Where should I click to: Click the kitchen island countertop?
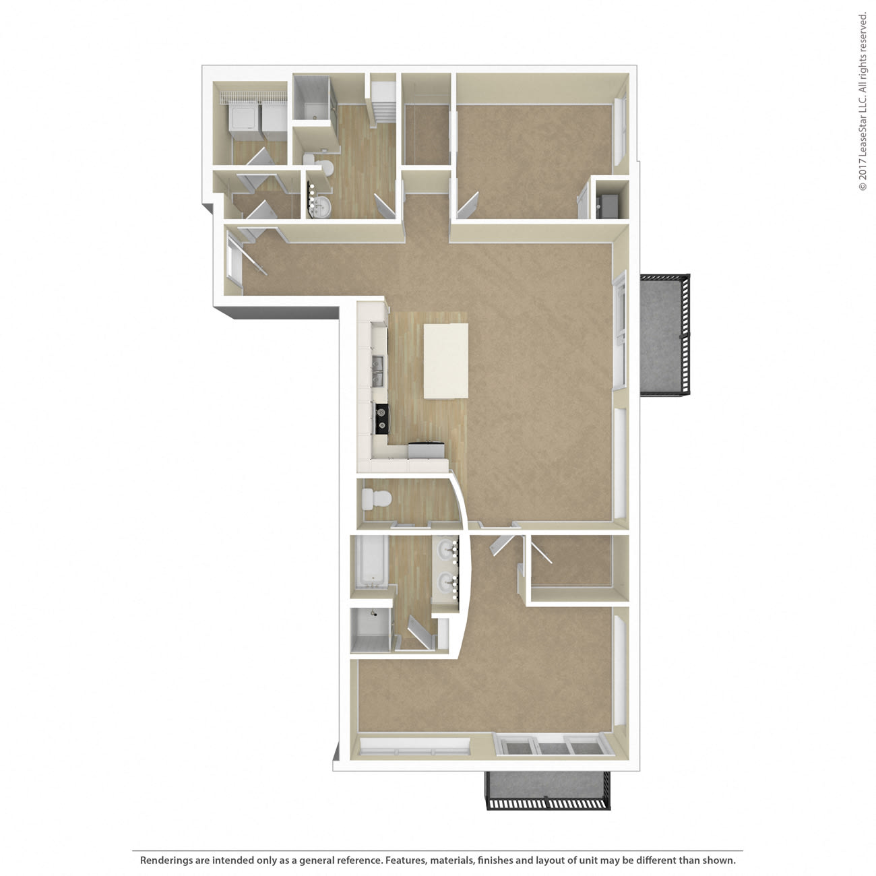click(x=445, y=361)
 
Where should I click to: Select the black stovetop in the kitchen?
click(x=381, y=418)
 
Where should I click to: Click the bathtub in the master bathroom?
click(x=371, y=563)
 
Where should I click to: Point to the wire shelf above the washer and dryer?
click(x=253, y=97)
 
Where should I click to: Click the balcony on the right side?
click(x=664, y=335)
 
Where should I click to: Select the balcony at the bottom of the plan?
click(x=548, y=790)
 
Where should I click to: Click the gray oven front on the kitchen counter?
click(x=426, y=450)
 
